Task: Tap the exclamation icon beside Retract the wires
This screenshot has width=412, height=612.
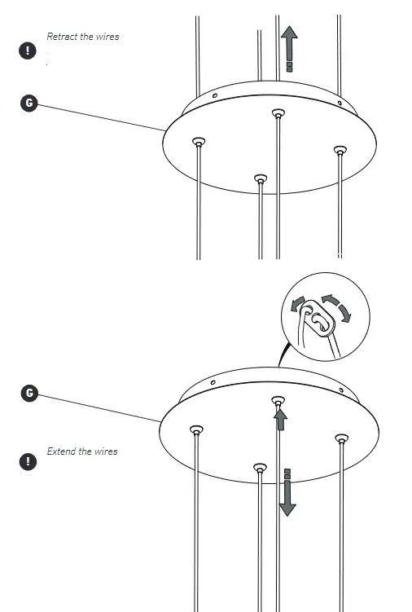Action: click(x=29, y=50)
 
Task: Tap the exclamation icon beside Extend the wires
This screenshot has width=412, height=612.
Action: click(x=29, y=461)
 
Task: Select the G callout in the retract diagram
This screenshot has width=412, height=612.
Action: click(x=29, y=103)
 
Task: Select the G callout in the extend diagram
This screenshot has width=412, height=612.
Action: click(x=29, y=393)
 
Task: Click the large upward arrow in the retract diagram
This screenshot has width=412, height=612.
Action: click(x=288, y=46)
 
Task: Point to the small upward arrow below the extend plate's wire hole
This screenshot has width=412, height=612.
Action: click(x=280, y=419)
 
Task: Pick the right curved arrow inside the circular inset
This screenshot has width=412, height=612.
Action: click(x=337, y=308)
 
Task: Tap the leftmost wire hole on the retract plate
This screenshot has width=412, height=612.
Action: click(x=198, y=143)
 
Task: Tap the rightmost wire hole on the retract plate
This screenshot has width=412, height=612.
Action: click(x=340, y=149)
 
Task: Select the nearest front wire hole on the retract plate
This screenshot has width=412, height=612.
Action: click(x=260, y=178)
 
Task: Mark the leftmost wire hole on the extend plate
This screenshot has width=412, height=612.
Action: click(x=195, y=429)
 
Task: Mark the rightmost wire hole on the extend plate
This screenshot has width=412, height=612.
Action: click(x=340, y=439)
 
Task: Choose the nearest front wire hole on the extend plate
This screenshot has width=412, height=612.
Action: click(x=260, y=467)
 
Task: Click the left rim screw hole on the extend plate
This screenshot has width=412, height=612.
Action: click(x=213, y=381)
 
